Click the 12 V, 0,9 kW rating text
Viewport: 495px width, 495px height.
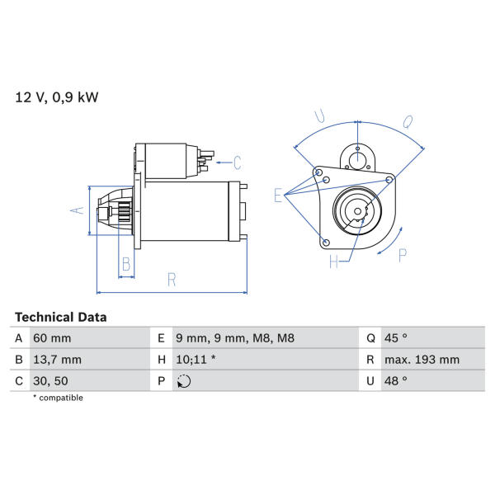click(57, 97)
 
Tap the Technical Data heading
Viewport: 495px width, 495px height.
click(61, 318)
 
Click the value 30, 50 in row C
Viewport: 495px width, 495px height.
click(50, 381)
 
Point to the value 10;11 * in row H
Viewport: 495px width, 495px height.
click(196, 360)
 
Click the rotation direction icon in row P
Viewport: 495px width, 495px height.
click(184, 381)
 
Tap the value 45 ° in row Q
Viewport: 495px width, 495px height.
click(395, 338)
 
